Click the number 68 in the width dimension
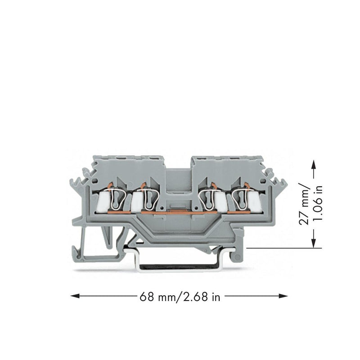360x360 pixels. point(147,297)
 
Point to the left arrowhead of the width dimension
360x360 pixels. point(75,296)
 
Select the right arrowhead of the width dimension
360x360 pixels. point(283,296)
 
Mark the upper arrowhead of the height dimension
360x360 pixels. point(314,165)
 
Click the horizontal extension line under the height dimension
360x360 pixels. point(284,248)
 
